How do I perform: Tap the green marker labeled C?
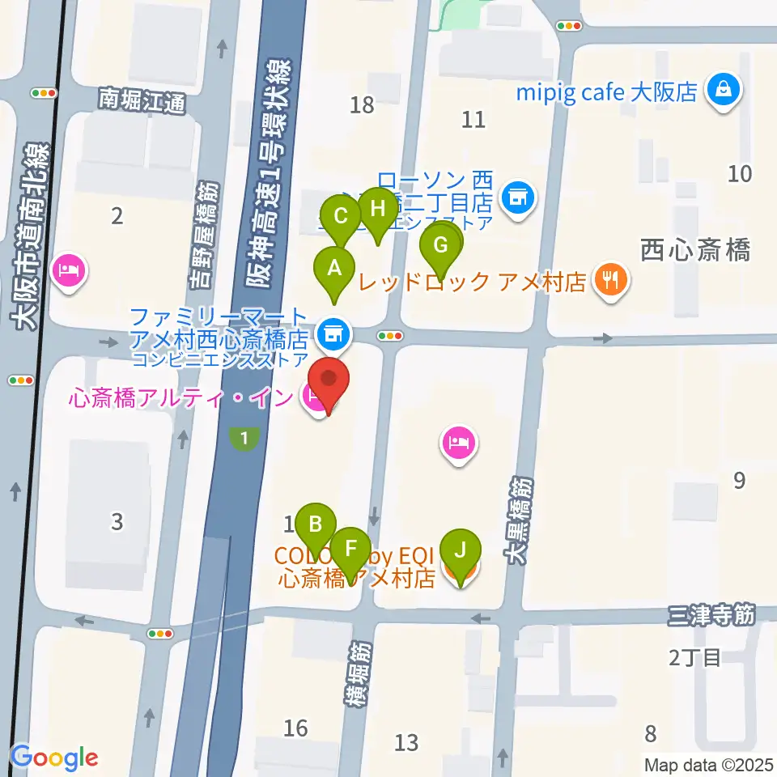coord(341,217)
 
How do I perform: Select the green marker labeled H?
coord(378,210)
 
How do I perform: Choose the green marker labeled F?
coord(350,548)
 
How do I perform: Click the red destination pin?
coord(329,380)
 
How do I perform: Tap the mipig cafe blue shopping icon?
coord(721,90)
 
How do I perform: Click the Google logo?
coord(54,758)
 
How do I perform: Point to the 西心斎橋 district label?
coord(694,249)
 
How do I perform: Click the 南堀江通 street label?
coord(142,101)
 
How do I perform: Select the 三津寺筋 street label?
coord(711,616)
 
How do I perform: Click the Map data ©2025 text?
coord(708,765)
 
